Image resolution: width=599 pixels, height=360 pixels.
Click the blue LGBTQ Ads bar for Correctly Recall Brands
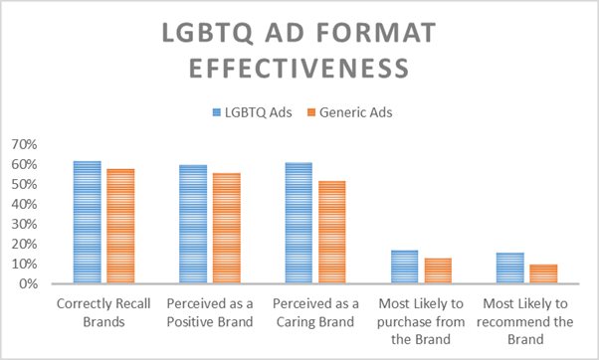(88, 223)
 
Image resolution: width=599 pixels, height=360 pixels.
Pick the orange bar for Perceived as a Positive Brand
(227, 229)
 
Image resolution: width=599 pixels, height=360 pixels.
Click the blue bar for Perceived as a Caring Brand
(299, 224)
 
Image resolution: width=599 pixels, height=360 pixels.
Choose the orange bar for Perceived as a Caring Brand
(332, 233)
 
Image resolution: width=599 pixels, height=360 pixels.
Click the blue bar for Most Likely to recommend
(509, 268)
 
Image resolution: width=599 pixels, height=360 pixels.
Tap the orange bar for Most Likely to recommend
(543, 273)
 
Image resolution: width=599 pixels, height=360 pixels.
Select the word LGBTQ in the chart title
(208, 34)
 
